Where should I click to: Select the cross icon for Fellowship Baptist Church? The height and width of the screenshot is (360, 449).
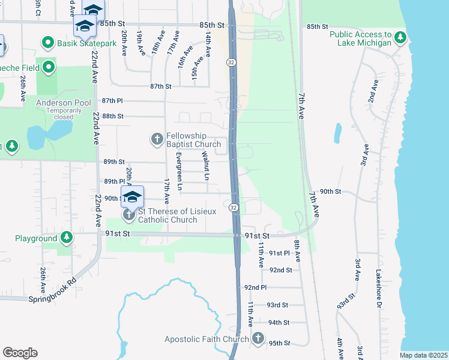[x=157, y=140]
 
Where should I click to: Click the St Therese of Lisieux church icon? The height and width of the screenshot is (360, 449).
[x=128, y=215]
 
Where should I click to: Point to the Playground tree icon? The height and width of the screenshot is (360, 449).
[x=67, y=238]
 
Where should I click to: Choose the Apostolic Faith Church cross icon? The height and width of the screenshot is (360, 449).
[x=258, y=339]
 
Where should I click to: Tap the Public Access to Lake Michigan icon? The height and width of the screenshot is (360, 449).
[x=400, y=38]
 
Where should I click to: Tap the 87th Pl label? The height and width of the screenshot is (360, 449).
[x=112, y=101]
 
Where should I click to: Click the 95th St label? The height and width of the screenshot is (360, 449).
[x=279, y=343]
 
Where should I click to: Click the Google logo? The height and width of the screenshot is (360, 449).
[x=20, y=353]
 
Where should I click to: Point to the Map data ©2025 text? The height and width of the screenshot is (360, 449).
[x=423, y=355]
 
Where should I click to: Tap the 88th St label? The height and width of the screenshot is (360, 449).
[x=113, y=116]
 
